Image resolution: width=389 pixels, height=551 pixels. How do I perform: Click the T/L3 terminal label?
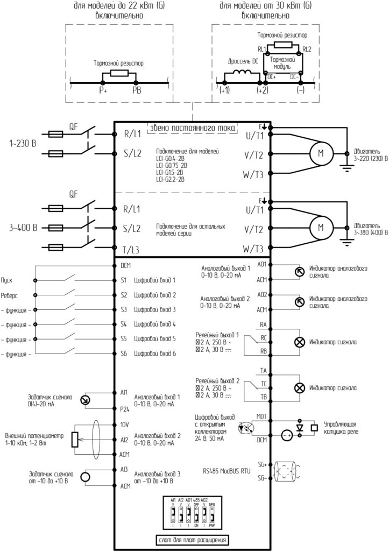click(132, 249)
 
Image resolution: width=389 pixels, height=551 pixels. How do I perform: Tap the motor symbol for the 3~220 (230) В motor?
click(321, 153)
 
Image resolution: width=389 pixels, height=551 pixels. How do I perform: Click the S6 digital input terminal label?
click(123, 354)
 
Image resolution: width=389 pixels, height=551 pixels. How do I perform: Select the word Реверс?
click(11, 295)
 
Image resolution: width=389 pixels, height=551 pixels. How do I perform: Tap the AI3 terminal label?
click(124, 470)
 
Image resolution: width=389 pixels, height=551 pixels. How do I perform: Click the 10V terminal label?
click(124, 425)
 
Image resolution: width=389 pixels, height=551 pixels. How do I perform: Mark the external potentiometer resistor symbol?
click(75, 439)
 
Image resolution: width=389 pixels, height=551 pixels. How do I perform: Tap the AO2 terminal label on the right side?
click(262, 295)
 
